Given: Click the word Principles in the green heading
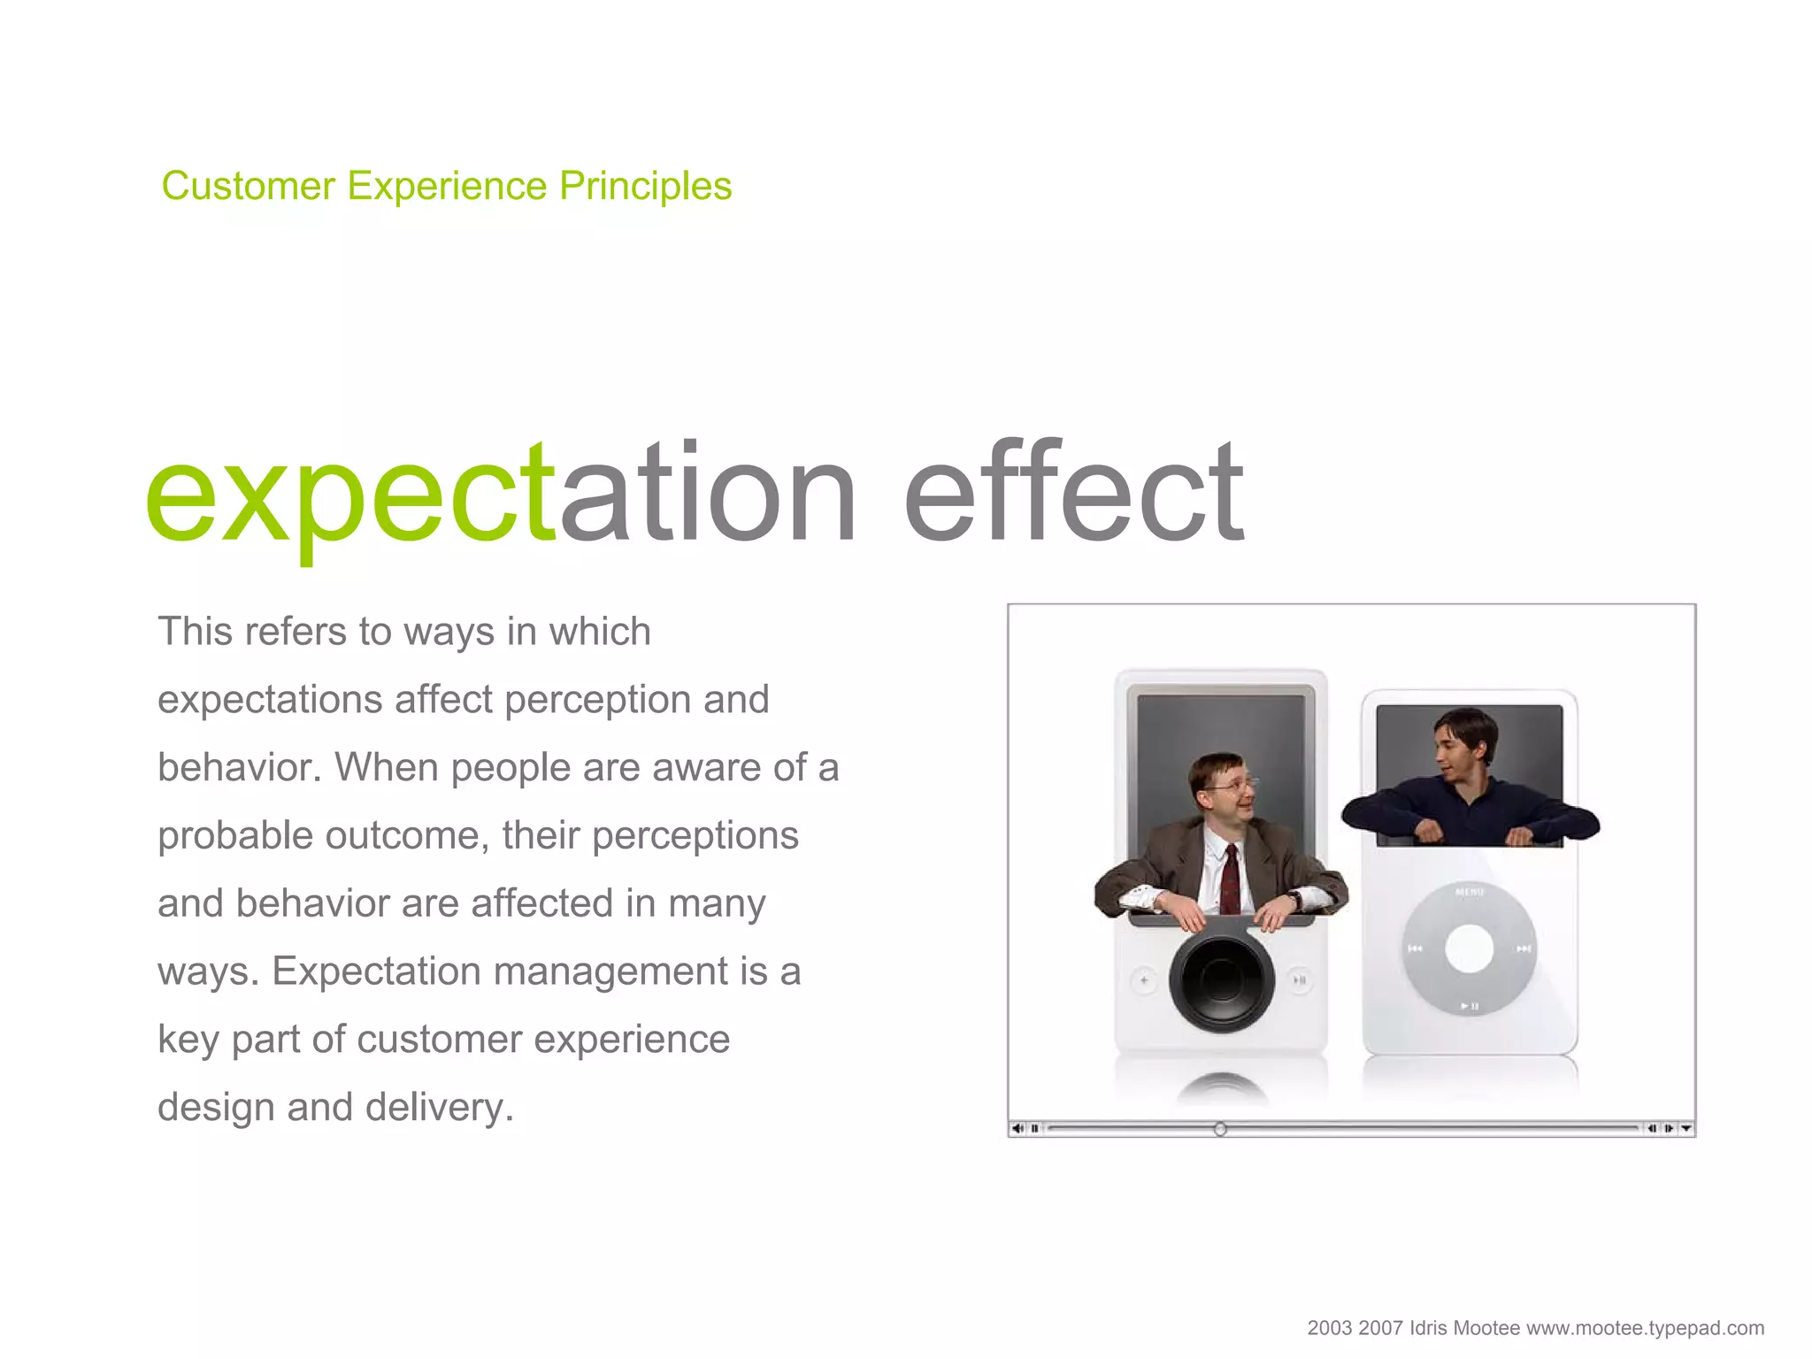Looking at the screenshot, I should tap(645, 187).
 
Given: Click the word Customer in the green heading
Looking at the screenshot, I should tap(249, 187).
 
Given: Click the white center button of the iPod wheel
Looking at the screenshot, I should tap(1469, 948).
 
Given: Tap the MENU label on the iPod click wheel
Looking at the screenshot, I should tap(1469, 892).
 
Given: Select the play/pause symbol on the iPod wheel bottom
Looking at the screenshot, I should tap(1469, 1007).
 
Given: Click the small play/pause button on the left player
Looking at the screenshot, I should tap(1300, 980).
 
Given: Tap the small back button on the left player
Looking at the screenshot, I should tap(1144, 980).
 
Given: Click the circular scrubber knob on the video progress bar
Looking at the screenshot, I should tap(1220, 1129).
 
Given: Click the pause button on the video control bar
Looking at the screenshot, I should tap(1034, 1129).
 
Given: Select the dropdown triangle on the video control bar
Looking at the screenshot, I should tap(1685, 1129).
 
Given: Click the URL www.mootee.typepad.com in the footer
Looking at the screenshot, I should tap(1645, 1328).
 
